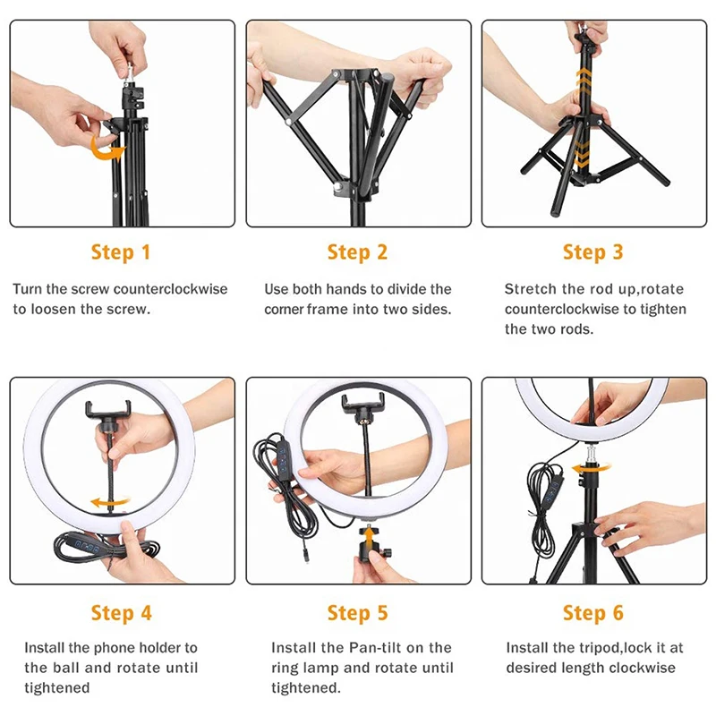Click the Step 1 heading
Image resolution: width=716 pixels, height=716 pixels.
click(121, 252)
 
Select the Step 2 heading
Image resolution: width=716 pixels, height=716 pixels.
click(357, 252)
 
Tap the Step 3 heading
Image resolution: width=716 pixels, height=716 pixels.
click(592, 252)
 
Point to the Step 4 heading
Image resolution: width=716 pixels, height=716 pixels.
click(121, 613)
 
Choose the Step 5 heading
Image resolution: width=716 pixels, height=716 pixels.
click(357, 613)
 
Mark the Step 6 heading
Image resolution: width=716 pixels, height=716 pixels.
click(592, 613)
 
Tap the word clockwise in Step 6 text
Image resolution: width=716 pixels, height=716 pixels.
click(642, 669)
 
